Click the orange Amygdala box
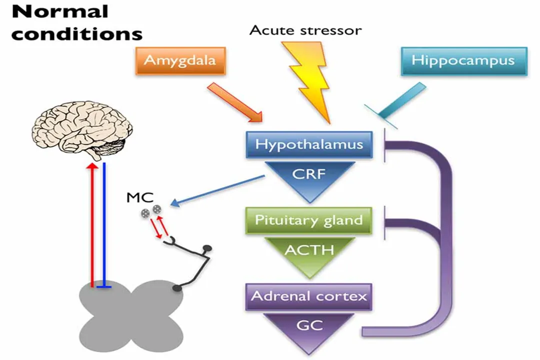coord(180,61)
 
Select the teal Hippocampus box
coord(463,61)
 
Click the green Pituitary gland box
coord(308,220)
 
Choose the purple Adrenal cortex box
coord(308,296)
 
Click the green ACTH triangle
coord(308,251)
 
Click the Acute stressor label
coord(305,30)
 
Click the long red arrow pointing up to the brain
coord(92,225)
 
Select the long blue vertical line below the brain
coord(103,225)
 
